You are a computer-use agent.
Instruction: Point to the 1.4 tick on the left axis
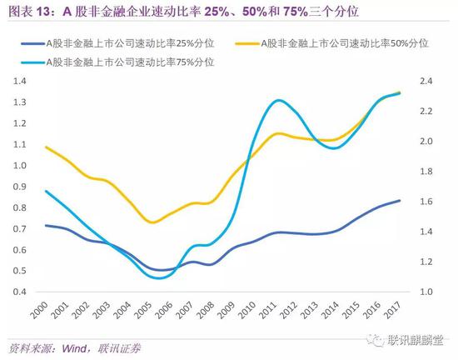tap(17, 81)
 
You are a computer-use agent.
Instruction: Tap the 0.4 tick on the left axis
tap(17, 292)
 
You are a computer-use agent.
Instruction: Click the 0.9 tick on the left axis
tap(17, 186)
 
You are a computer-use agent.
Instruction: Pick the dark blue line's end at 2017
tap(400, 200)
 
